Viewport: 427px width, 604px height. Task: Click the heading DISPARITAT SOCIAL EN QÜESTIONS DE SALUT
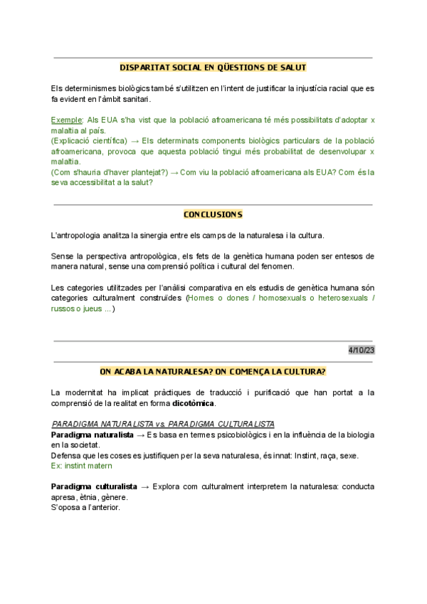(213, 68)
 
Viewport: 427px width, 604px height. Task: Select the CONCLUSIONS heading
(213, 214)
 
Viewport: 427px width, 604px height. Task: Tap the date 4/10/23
(361, 350)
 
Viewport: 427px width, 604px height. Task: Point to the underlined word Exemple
(67, 120)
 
